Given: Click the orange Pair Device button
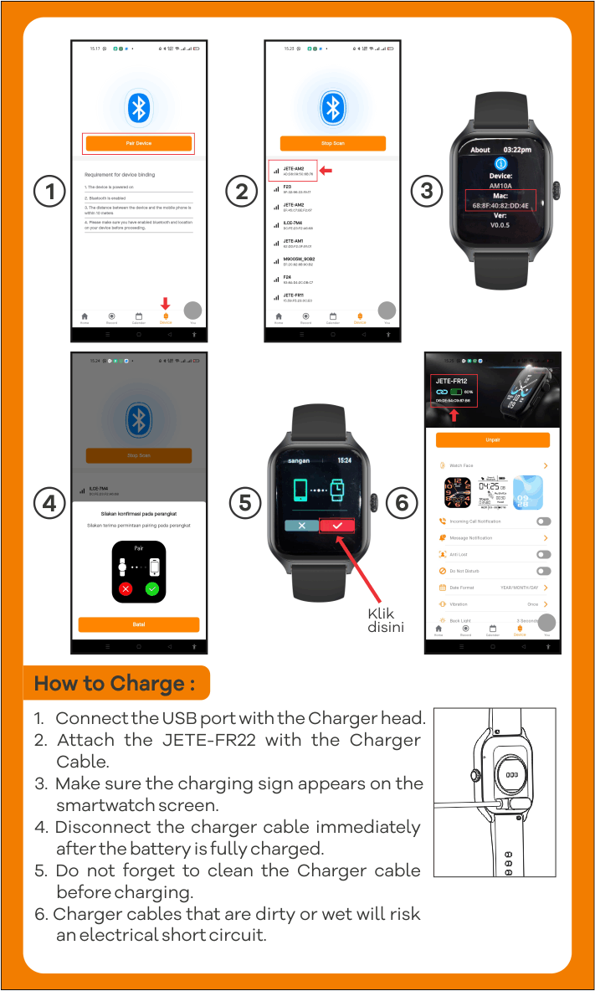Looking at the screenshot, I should tap(138, 144).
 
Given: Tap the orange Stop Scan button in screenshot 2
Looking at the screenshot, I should tap(332, 143).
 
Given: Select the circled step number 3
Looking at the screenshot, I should tap(427, 192).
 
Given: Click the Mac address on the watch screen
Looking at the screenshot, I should tap(500, 204).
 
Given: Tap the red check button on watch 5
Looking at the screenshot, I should tap(337, 525).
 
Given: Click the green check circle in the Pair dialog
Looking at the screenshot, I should tap(151, 588).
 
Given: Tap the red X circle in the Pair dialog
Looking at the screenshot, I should tap(126, 588).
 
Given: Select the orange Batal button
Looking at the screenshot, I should tap(138, 624).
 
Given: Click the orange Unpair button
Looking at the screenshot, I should tap(492, 440).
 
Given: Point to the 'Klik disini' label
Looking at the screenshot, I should tap(386, 619).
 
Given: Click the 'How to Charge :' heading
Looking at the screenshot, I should tap(115, 683).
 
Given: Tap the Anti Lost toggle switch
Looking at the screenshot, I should tap(543, 554).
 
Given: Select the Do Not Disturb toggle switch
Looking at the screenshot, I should tap(543, 571).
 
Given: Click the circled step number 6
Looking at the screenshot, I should tap(403, 503).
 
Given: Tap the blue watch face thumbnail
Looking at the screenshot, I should tap(527, 492).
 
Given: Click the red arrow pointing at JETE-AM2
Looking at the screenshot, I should tap(327, 171).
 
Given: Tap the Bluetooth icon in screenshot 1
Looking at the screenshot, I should tap(138, 107).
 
